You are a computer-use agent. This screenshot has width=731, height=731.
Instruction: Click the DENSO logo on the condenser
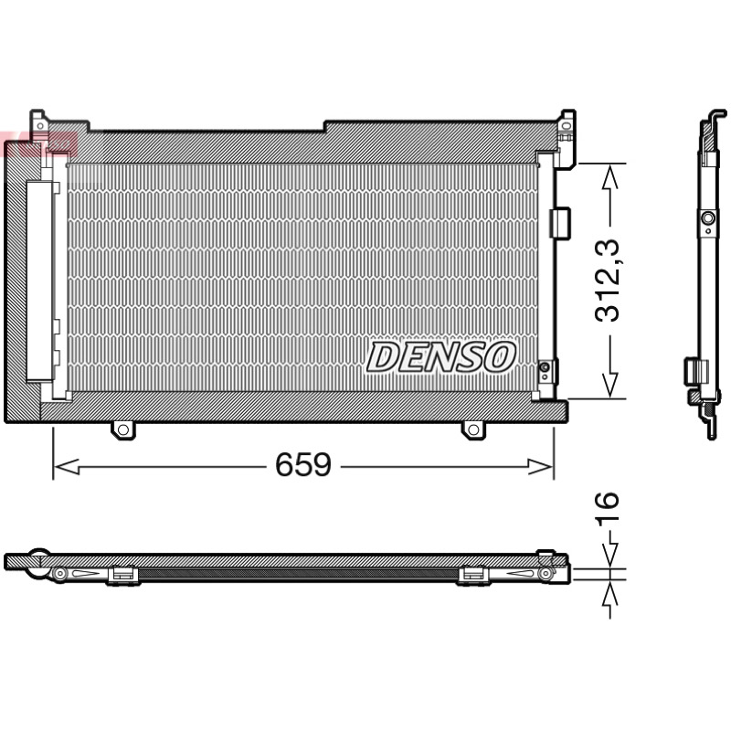click(441, 357)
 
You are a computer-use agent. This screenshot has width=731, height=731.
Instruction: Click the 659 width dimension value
click(303, 464)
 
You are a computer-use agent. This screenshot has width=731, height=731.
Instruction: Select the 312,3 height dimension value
click(608, 281)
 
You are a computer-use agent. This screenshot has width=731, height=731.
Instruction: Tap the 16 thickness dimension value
click(607, 506)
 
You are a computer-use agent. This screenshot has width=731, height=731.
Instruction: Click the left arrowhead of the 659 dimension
click(66, 466)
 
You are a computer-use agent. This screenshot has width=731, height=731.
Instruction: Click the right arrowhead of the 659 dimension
click(541, 466)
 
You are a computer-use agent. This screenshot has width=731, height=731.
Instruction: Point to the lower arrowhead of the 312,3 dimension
click(610, 386)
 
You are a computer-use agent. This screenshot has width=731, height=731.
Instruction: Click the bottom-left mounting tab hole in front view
click(123, 429)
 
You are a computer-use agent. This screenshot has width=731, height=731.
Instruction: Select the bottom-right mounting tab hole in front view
click(472, 429)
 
